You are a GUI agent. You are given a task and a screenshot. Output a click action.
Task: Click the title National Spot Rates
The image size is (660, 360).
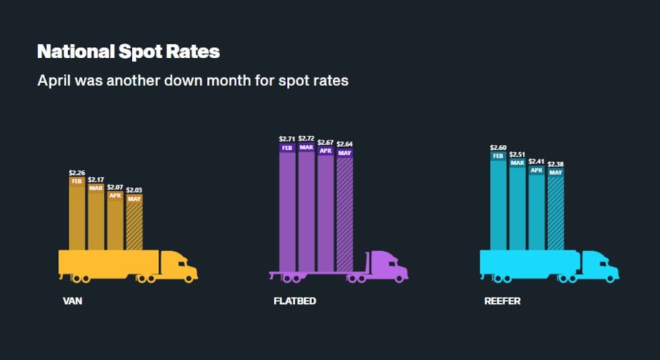click(x=128, y=52)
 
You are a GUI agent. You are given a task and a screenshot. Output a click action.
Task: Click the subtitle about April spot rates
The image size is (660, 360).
click(x=192, y=80)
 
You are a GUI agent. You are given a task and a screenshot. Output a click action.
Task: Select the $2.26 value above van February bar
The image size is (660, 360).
click(x=77, y=172)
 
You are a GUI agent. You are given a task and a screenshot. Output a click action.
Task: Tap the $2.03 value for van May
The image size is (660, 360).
click(x=134, y=190)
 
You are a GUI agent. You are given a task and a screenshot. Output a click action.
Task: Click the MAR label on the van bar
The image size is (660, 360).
click(x=96, y=188)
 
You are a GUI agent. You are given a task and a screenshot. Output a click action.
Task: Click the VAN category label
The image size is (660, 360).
click(x=72, y=301)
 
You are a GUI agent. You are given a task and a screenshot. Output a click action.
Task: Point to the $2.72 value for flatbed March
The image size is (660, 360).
click(x=306, y=138)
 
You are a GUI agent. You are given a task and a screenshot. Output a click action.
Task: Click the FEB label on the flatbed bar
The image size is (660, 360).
click(x=287, y=148)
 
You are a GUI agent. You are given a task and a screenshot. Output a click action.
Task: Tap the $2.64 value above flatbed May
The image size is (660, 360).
click(x=345, y=144)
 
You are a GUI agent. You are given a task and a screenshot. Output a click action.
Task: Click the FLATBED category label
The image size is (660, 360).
click(x=295, y=301)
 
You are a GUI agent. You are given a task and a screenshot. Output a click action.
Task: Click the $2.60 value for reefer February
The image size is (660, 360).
click(x=498, y=147)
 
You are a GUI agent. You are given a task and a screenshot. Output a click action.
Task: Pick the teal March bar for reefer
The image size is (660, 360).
click(x=517, y=208)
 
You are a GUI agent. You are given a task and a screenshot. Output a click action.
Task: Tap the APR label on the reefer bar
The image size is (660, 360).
click(x=537, y=171)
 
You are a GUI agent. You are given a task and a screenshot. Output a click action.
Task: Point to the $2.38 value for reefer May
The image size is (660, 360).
click(x=556, y=164)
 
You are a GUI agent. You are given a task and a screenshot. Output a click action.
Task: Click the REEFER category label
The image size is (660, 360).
click(x=502, y=301)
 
